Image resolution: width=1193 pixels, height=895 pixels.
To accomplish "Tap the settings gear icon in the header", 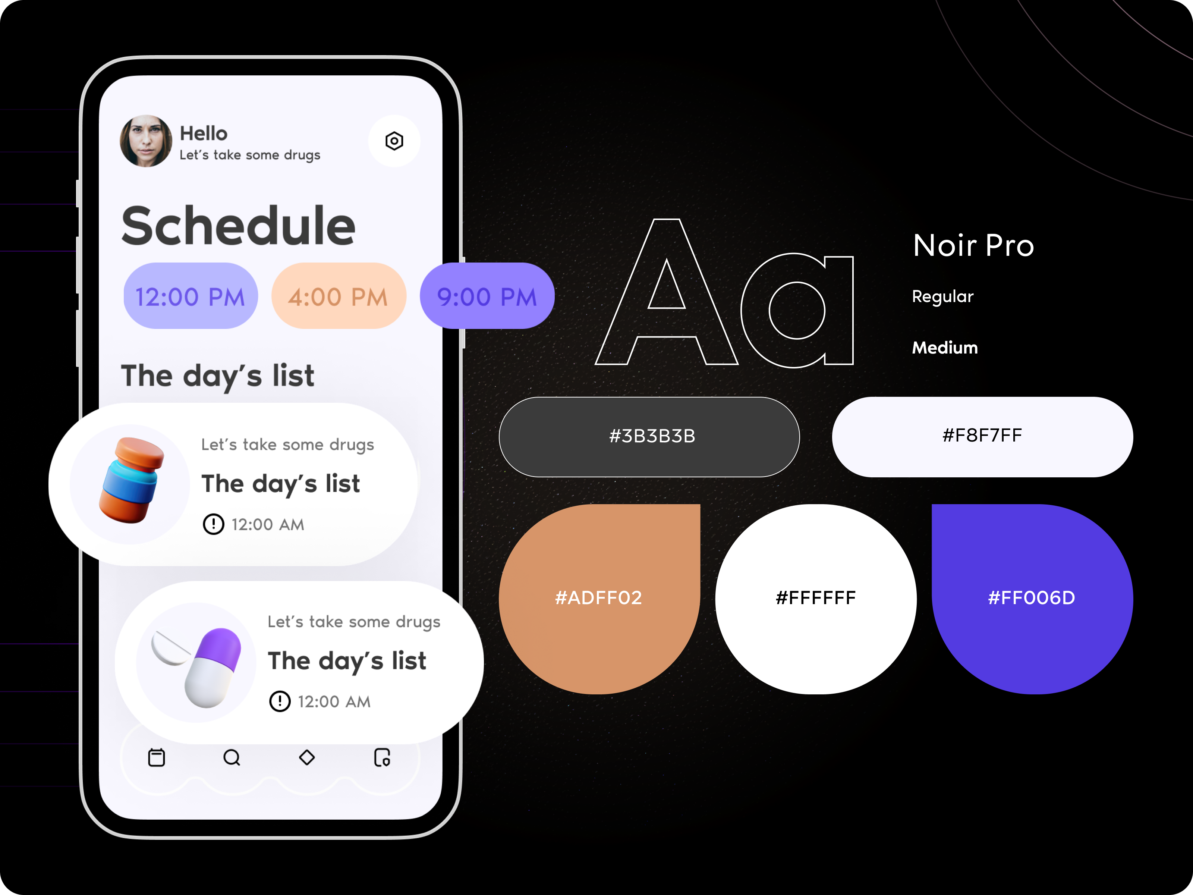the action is click(x=394, y=141).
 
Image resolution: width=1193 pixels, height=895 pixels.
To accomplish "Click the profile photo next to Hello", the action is click(x=146, y=141).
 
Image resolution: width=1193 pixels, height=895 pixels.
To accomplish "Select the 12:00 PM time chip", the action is click(x=191, y=296).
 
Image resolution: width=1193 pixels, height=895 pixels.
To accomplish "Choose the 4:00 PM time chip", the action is click(x=338, y=296).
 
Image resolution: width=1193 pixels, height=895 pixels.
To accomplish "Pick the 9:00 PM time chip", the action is click(x=487, y=296).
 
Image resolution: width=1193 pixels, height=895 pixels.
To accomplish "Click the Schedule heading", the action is click(x=238, y=226).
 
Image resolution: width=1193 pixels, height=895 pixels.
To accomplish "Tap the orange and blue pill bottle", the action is click(x=131, y=480).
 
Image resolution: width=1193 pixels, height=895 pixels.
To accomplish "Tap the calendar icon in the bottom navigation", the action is click(x=157, y=757).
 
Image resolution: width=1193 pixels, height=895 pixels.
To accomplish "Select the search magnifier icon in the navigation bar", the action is click(x=232, y=757).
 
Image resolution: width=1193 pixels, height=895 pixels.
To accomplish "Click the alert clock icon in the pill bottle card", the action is click(x=214, y=524).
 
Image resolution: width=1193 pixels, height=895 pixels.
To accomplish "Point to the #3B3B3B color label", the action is click(x=652, y=436).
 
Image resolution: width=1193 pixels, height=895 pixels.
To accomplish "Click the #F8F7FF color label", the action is click(x=982, y=435).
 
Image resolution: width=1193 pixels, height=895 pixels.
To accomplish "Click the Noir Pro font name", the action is click(x=973, y=245).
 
